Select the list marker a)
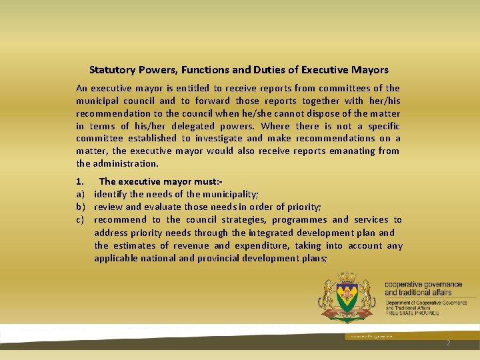(80, 194)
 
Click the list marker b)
(80, 207)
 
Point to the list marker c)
(80, 219)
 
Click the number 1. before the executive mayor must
(80, 181)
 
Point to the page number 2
(448, 343)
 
